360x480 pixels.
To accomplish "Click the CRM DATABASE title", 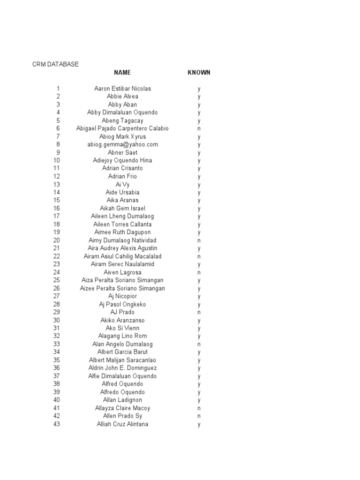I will (55, 64).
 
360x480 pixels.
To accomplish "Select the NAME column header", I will (122, 73).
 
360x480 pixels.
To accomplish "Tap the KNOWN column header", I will (199, 73).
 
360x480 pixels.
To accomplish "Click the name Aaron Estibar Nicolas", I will (122, 89).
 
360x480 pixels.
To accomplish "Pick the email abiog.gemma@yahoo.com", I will (122, 144).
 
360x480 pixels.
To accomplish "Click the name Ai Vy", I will (122, 184).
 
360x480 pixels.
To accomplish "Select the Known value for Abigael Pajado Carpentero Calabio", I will (199, 128).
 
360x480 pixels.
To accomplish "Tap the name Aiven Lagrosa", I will (122, 272).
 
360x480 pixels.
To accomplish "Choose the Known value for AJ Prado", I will (199, 312).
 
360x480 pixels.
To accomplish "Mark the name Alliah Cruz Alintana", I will (122, 424).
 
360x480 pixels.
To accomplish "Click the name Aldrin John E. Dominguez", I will (122, 368).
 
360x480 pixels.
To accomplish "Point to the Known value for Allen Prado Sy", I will (199, 416).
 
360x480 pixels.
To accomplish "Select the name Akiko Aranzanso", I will (122, 320).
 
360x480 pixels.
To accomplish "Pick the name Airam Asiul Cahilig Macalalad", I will (122, 256).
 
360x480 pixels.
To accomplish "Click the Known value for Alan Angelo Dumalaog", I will (199, 344).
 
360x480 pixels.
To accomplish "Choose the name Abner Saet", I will (122, 152).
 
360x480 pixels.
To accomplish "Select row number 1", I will (58, 89).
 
